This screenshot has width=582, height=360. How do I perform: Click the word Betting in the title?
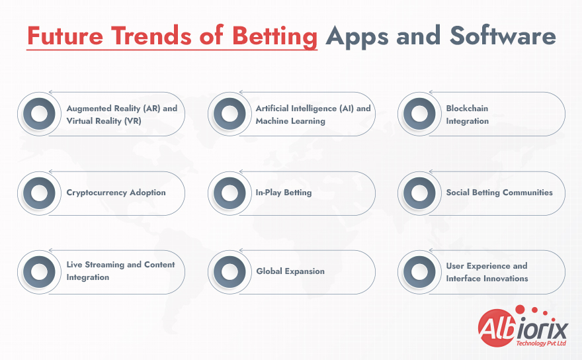274,37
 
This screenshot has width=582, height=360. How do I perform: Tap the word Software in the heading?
503,36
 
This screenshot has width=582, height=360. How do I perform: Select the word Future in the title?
65,36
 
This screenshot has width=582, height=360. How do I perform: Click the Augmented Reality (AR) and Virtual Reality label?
122,114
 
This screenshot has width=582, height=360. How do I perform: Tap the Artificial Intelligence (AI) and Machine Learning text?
313,114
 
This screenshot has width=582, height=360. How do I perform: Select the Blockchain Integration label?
468,114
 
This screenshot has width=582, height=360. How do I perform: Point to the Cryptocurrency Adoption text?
116,193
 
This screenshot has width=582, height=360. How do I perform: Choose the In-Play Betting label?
284,193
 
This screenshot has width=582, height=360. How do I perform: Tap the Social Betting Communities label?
499,193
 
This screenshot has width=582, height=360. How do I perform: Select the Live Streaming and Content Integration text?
120,271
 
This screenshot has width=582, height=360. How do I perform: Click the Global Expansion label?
290,271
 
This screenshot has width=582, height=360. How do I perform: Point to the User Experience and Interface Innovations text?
487,272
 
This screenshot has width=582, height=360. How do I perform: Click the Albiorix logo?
523,326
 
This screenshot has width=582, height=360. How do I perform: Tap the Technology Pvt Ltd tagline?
541,343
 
